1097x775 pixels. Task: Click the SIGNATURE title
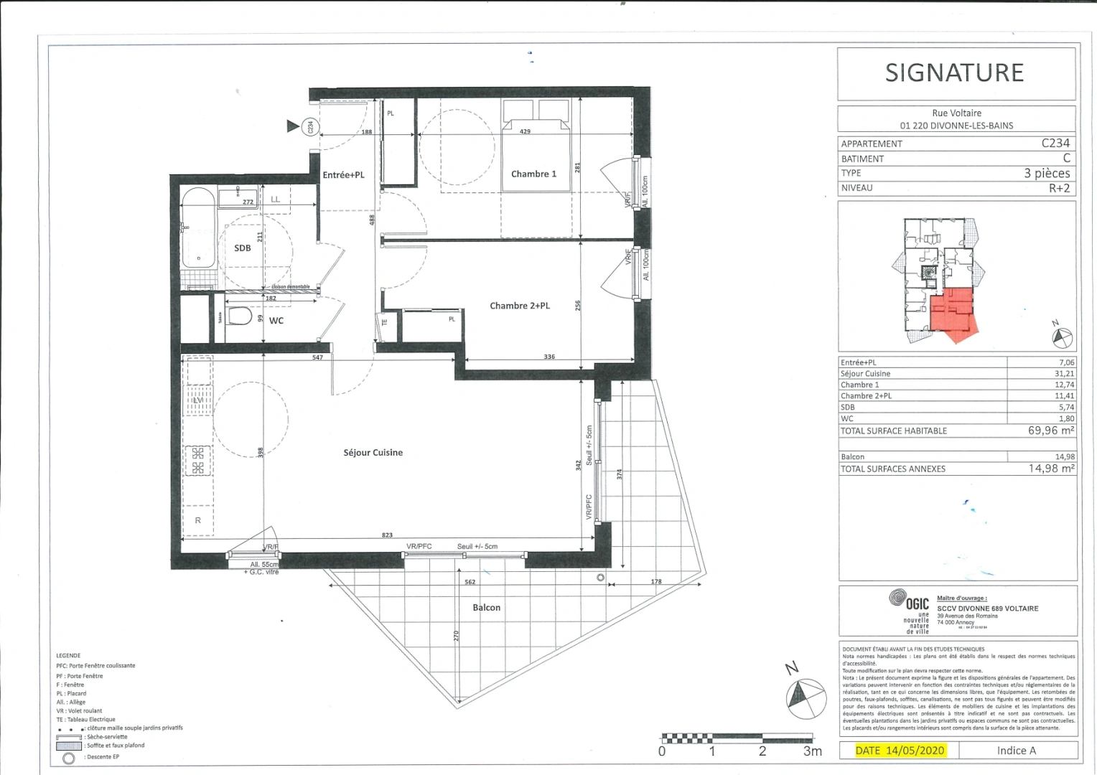coord(954,72)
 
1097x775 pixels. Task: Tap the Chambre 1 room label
coord(533,174)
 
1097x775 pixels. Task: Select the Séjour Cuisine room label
coord(373,453)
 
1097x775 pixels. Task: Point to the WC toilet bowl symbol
coord(241,316)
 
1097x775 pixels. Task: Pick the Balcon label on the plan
coord(486,608)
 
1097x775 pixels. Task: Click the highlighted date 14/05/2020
coord(900,751)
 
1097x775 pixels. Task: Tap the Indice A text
coord(1016,751)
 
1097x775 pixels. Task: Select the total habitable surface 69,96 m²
coord(1050,431)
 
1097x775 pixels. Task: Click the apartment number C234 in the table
coord(1055,143)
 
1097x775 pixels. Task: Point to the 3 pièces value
coord(1046,173)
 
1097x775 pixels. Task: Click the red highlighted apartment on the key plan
coord(952,313)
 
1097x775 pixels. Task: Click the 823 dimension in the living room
coord(387,536)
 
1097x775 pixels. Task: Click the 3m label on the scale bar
coord(812,751)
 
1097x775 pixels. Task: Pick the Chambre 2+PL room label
coord(519,306)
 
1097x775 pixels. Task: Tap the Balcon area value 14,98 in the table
coord(1065,456)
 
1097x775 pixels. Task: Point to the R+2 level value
coord(1059,188)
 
